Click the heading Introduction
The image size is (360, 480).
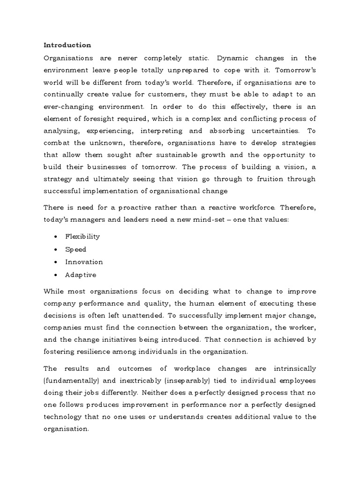click(67, 45)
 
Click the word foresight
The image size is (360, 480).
click(97, 119)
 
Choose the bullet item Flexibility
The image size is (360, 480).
click(82, 237)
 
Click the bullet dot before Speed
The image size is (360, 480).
click(56, 249)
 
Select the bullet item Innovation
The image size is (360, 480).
click(84, 262)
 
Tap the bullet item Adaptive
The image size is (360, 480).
click(81, 275)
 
